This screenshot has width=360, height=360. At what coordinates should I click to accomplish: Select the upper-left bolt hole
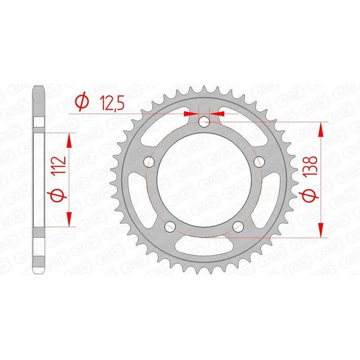pyautogui.click(x=147, y=161)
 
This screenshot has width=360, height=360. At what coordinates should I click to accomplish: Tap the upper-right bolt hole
pyautogui.click(x=258, y=161)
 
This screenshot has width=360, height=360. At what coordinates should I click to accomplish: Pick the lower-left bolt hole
pyautogui.click(x=170, y=226)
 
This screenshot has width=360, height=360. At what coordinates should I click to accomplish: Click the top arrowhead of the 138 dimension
pyautogui.click(x=321, y=130)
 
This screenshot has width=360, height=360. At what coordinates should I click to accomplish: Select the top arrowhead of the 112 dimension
pyautogui.click(x=69, y=140)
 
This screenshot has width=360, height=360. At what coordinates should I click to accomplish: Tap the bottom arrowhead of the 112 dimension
pyautogui.click(x=69, y=219)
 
